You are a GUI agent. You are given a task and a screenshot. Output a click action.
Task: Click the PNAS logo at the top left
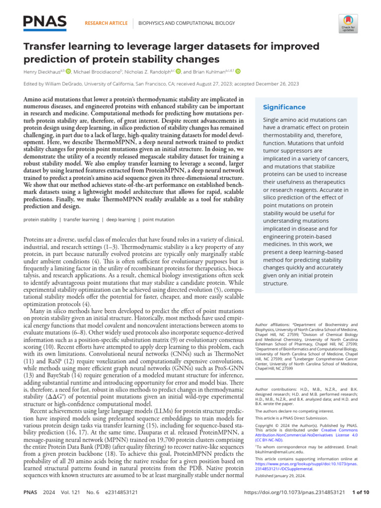pyautogui.click(x=45, y=22)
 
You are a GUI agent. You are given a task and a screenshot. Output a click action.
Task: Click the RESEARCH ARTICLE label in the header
pyautogui.click(x=106, y=23)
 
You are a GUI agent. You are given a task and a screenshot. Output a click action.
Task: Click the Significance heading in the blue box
pyautogui.click(x=284, y=107)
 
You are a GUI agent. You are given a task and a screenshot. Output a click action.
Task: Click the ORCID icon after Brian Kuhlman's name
pyautogui.click(x=238, y=71)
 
